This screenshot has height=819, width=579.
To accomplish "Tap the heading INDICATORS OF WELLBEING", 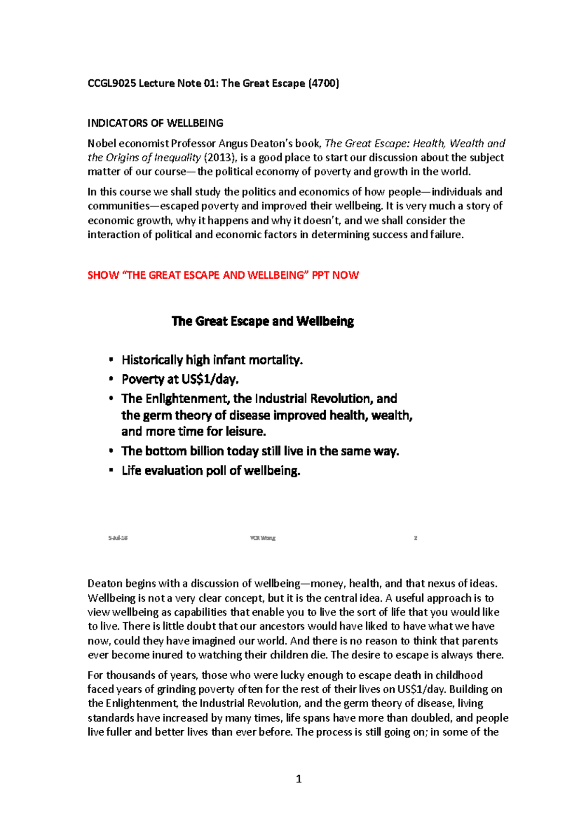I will coord(155,123).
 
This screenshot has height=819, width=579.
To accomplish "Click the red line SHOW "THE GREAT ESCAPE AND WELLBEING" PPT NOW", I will coord(223,275).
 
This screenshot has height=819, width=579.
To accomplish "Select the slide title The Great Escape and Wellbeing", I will coord(262,321).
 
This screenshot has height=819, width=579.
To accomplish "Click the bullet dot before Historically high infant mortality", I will coord(111,359).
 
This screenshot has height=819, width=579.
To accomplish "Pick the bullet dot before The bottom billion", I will coord(111,451).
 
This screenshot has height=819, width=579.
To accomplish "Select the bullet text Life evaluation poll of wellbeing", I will coord(211,471).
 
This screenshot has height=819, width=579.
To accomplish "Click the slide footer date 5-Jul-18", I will coord(118,538).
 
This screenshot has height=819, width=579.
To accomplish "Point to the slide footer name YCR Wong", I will coord(262,538).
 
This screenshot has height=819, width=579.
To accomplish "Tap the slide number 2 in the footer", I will coord(415,538).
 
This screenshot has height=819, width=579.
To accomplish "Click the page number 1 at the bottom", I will coord(298,779).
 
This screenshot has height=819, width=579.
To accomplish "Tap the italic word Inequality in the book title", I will coord(177,158).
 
